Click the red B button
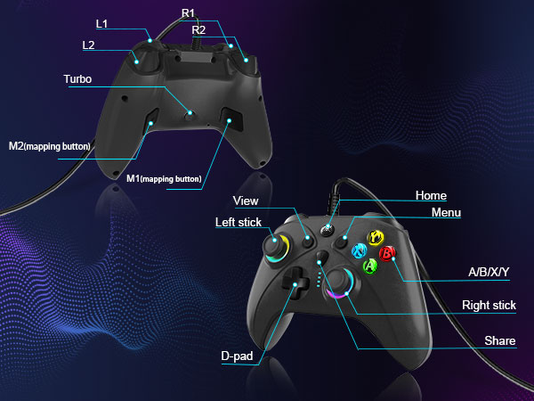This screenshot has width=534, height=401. [387, 254]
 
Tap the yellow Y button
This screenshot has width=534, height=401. [376, 238]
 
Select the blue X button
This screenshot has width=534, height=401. [360, 251]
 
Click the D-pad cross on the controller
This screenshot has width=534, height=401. [295, 282]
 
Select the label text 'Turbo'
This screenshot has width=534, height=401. [77, 79]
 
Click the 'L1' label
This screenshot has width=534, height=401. [101, 23]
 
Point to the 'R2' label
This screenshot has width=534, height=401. [198, 30]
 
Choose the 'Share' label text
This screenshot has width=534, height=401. [500, 340]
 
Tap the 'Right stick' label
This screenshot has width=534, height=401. [489, 305]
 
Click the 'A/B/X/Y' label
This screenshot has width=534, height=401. [489, 272]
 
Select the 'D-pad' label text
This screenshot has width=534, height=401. [237, 356]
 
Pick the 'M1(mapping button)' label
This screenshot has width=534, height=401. [164, 179]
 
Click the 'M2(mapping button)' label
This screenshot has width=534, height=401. [49, 146]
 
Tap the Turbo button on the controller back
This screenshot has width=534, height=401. [190, 115]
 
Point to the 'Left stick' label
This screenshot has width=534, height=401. [239, 222]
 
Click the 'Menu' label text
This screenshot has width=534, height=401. [446, 212]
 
